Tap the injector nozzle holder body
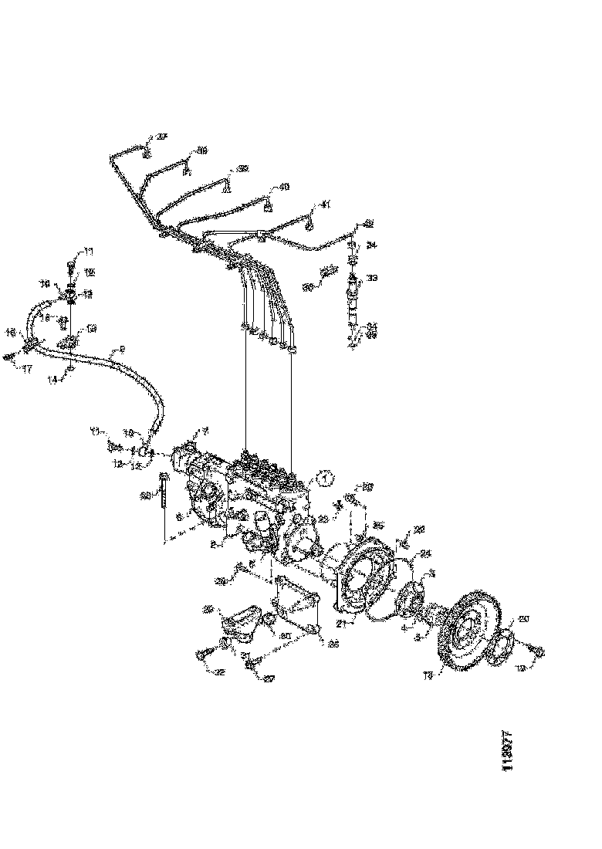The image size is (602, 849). coord(353,297)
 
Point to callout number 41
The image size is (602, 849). coord(325,205)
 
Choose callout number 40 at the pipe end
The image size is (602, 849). coord(283,187)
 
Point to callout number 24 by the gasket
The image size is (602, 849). coord(426,553)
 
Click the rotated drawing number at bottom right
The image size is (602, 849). coord(507,752)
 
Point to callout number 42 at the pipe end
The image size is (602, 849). coord(368,224)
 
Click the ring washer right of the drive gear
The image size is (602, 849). coord(501,644)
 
